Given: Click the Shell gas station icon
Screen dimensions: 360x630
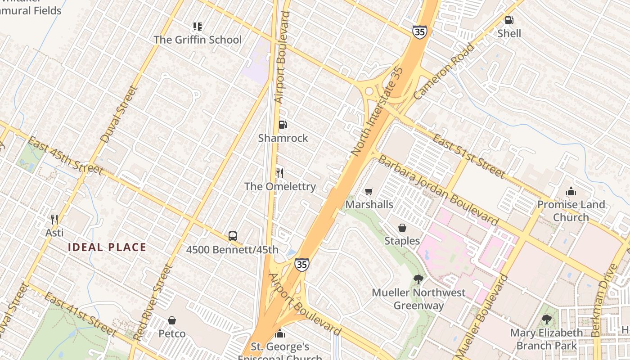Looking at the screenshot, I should (x=509, y=20).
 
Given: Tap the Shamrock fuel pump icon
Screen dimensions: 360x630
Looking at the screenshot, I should (x=283, y=125).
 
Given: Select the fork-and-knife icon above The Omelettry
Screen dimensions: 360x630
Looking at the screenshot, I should (x=279, y=173).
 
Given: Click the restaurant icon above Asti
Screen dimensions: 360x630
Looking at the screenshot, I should (x=54, y=220).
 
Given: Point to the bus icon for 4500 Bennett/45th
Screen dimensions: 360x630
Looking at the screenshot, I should (x=232, y=236).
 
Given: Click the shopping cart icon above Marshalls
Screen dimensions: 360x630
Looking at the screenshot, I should (x=369, y=191).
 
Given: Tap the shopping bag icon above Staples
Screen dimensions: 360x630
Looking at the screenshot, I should (x=402, y=228).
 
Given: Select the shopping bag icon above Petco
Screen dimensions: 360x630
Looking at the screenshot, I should (x=171, y=320).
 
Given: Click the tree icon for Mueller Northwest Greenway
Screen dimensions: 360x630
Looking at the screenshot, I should (x=418, y=279).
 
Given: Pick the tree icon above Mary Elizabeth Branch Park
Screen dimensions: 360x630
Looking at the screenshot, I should (x=546, y=319).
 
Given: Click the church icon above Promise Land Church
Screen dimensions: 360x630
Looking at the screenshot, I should (x=571, y=191).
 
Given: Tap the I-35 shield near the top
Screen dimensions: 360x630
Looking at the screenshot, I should (x=419, y=31).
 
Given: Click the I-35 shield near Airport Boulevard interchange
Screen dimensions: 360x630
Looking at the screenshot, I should (x=301, y=265).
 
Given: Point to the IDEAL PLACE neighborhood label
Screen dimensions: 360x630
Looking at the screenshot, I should (x=107, y=247).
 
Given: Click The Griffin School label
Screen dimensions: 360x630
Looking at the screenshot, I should (x=198, y=40).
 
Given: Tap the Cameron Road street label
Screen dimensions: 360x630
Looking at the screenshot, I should (x=444, y=71).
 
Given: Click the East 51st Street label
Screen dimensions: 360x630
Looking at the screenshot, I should (x=468, y=155).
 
